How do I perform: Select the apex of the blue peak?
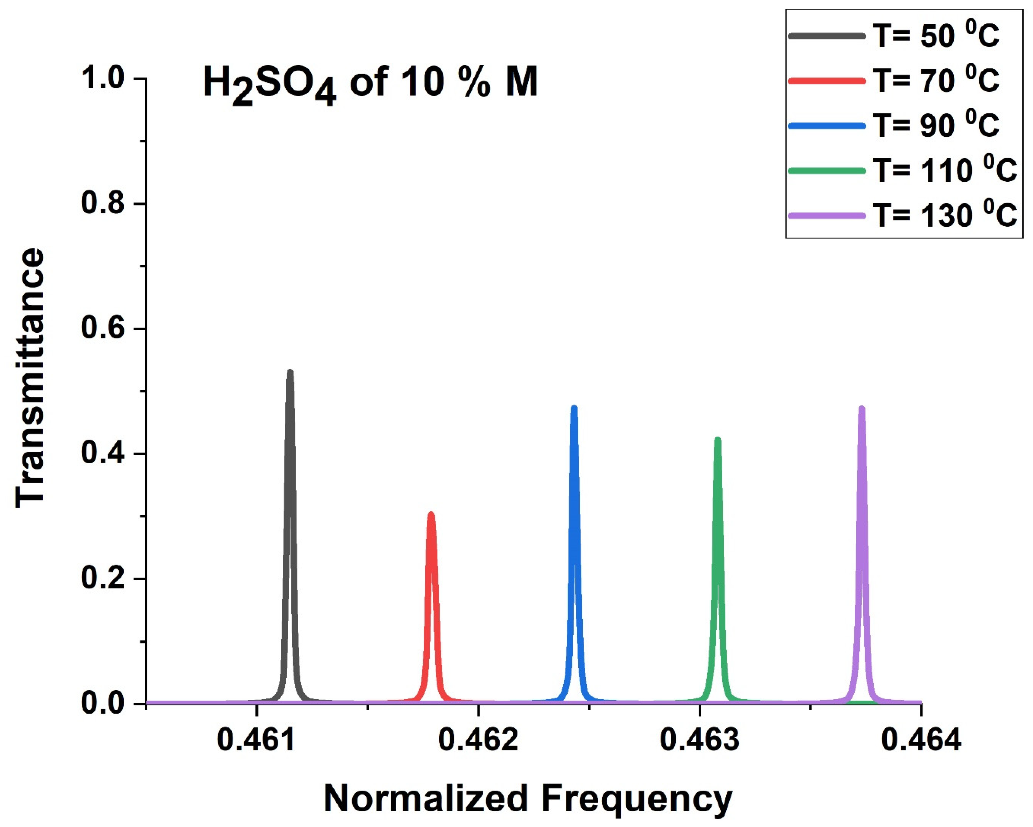coord(574,407)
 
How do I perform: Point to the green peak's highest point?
coord(717,439)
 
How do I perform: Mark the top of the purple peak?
coord(861,408)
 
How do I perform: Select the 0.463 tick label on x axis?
coord(699,740)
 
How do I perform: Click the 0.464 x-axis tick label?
coord(921,740)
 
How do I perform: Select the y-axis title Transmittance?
coord(30,379)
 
